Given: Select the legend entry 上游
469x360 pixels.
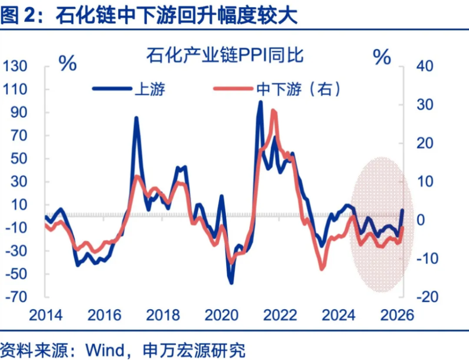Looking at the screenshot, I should pyautogui.click(x=149, y=89).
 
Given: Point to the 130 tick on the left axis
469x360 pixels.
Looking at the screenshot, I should pyautogui.click(x=17, y=66).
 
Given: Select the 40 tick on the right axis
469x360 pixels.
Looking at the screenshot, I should pyautogui.click(x=425, y=66).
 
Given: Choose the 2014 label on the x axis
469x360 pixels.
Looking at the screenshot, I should pyautogui.click(x=45, y=315).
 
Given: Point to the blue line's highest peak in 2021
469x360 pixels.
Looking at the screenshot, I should pyautogui.click(x=260, y=102).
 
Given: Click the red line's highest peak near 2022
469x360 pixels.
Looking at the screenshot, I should pyautogui.click(x=273, y=110).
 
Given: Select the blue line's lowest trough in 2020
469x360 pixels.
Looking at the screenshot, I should pyautogui.click(x=231, y=282).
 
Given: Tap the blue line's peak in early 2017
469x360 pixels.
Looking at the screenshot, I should pyautogui.click(x=136, y=118).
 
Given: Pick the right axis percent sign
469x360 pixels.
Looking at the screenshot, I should pyautogui.click(x=382, y=57).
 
